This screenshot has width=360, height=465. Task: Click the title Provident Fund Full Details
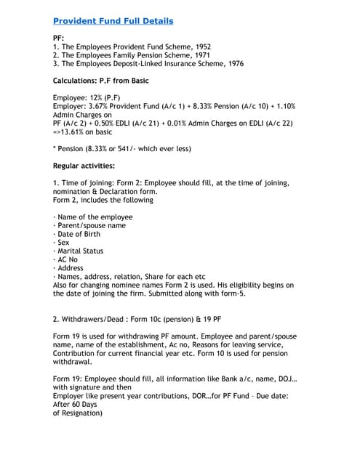pyautogui.click(x=113, y=21)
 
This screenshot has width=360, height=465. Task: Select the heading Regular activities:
pyautogui.click(x=84, y=166)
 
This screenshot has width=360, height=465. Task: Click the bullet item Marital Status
pyautogui.click(x=80, y=251)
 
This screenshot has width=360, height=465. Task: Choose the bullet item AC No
pyautogui.click(x=67, y=259)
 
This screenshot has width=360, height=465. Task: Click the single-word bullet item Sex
pyautogui.click(x=63, y=243)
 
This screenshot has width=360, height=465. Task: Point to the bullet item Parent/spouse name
pyautogui.click(x=91, y=225)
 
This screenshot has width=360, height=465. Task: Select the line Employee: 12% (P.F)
pyautogui.click(x=88, y=97)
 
